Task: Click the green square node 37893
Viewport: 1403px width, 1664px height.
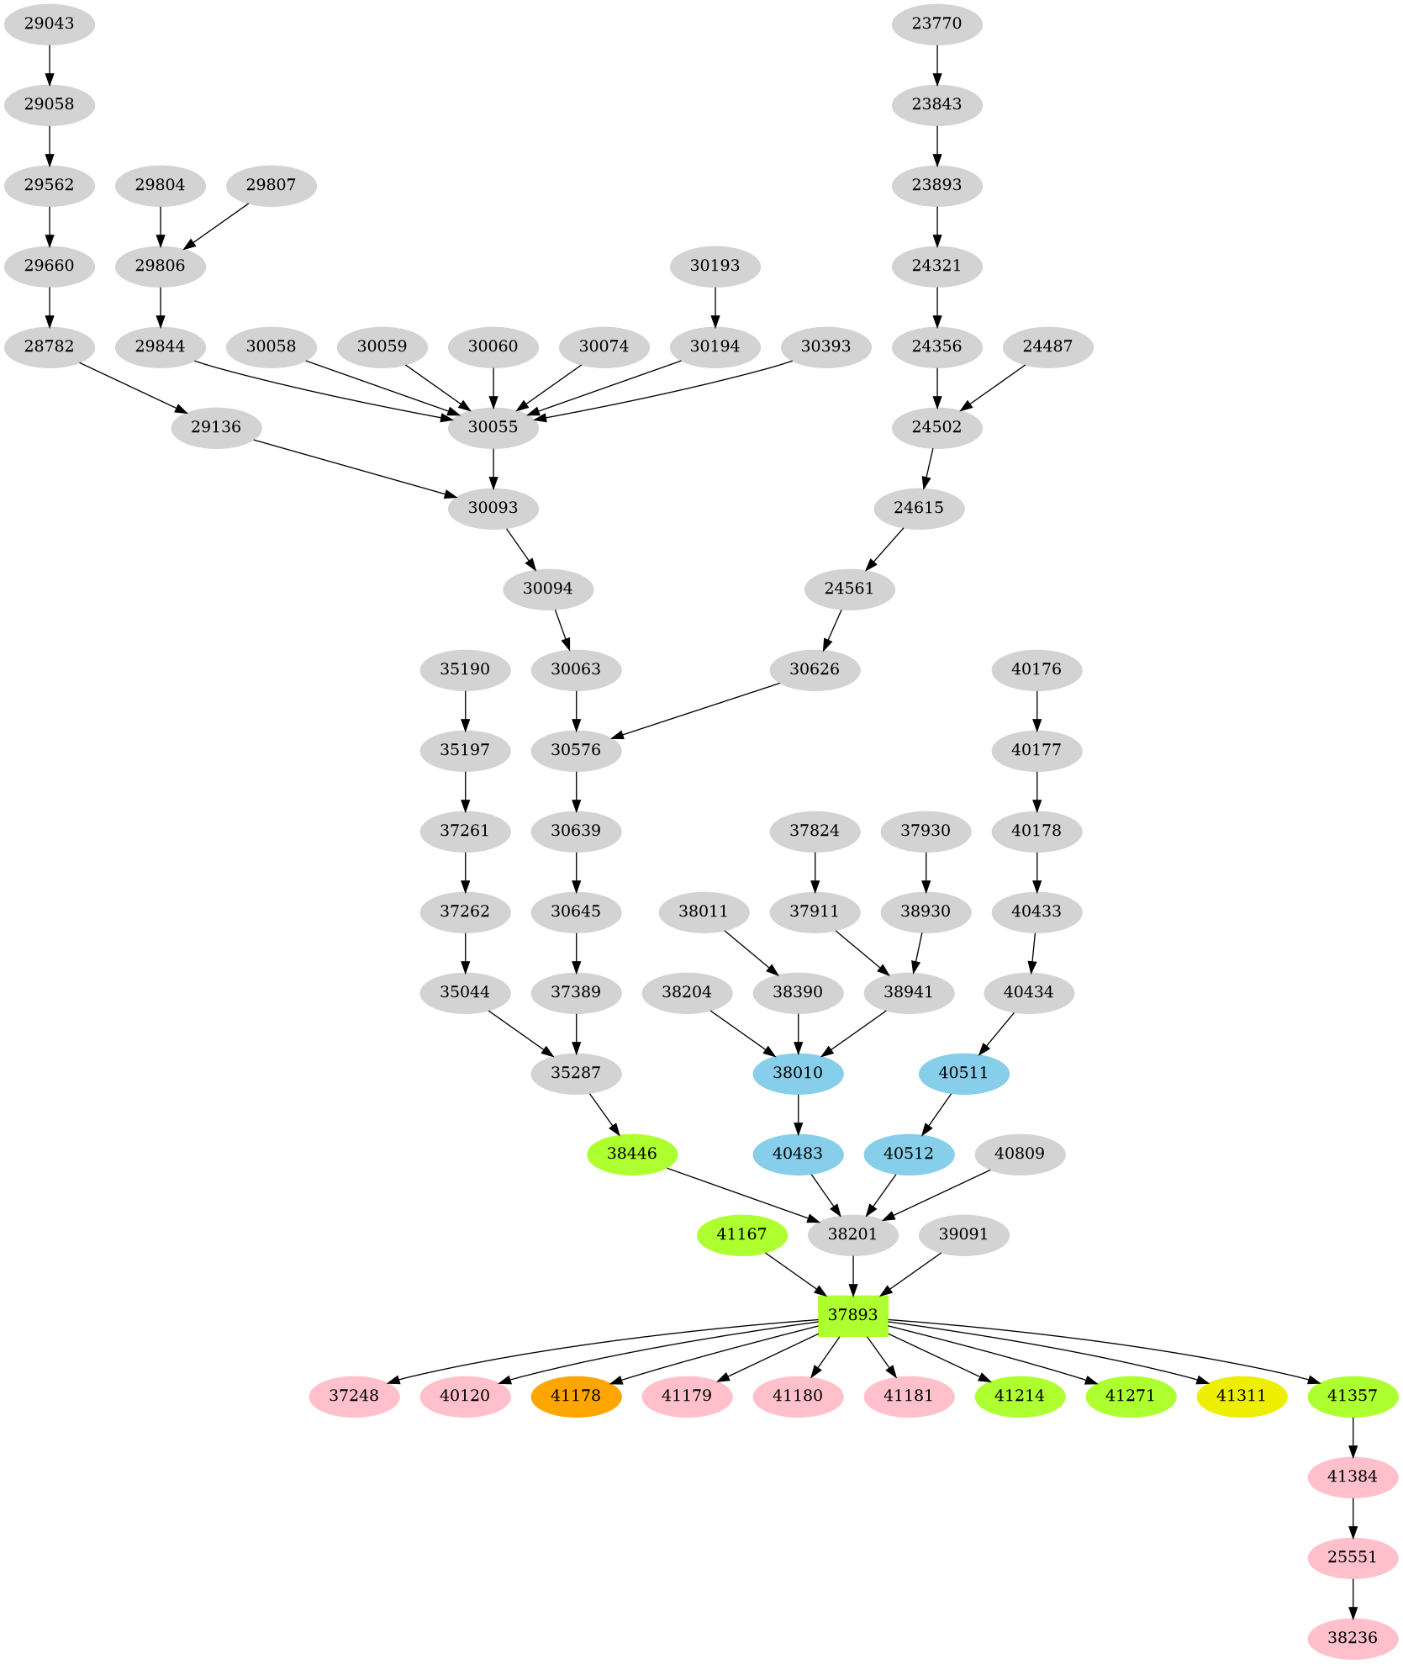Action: click(x=852, y=1314)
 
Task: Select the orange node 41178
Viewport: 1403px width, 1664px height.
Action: click(x=576, y=1395)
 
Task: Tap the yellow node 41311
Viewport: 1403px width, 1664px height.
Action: click(x=1242, y=1395)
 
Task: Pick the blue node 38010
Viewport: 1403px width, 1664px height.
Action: click(x=798, y=1072)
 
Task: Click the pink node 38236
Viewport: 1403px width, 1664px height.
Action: click(x=1353, y=1637)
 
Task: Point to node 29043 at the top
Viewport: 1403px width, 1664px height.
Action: click(x=49, y=23)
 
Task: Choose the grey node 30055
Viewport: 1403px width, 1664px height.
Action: click(x=493, y=426)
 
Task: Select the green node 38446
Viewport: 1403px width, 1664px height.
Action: click(x=631, y=1153)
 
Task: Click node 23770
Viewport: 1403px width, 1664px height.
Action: click(x=936, y=23)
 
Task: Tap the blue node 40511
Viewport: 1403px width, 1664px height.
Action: click(x=963, y=1072)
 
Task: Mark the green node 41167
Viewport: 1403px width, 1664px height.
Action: click(x=741, y=1233)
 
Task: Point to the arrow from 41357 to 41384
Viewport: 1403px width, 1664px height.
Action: click(x=1353, y=1436)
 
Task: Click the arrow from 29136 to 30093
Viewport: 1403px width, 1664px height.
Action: click(x=353, y=468)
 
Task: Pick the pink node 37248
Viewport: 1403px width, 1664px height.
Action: click(x=354, y=1395)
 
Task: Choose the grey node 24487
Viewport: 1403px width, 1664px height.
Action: click(x=1047, y=346)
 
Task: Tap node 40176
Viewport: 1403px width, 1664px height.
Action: click(x=1036, y=668)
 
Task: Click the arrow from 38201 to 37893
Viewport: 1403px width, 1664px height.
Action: click(x=853, y=1275)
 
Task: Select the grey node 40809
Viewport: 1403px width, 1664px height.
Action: click(x=1019, y=1153)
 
